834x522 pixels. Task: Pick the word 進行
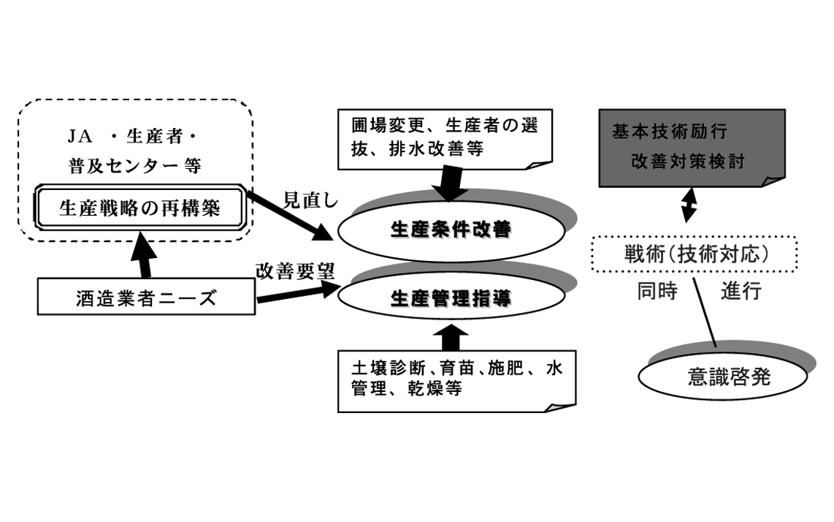coord(741,291)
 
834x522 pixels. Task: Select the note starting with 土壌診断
coord(453,377)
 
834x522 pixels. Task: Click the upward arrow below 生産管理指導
coord(451,337)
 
